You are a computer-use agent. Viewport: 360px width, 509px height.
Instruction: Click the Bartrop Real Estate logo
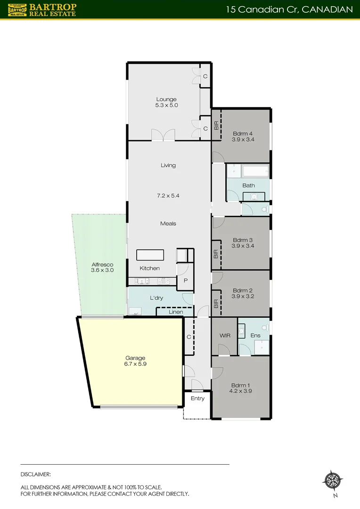41,9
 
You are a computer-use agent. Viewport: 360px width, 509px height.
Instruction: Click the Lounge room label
166,99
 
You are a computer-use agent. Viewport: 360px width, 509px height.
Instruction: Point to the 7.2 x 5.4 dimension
168,195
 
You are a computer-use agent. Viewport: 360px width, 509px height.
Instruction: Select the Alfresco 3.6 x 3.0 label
103,268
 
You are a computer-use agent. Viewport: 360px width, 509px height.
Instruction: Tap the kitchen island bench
150,255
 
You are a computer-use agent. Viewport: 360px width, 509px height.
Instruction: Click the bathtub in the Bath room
248,171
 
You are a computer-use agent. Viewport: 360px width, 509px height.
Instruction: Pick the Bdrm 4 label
243,133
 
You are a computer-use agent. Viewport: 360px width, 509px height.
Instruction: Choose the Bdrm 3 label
243,240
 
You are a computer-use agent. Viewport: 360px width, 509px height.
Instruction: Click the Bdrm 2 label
243,290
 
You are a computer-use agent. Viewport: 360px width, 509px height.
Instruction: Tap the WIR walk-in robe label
225,336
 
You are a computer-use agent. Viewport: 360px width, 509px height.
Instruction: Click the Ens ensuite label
255,336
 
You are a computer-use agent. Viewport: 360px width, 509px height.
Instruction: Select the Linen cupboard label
176,312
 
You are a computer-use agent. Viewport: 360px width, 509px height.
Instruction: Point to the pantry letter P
186,280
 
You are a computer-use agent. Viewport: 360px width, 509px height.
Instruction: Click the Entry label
197,398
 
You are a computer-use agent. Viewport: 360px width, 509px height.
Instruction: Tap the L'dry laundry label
156,298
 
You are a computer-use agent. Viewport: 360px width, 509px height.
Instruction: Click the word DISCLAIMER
36,475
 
